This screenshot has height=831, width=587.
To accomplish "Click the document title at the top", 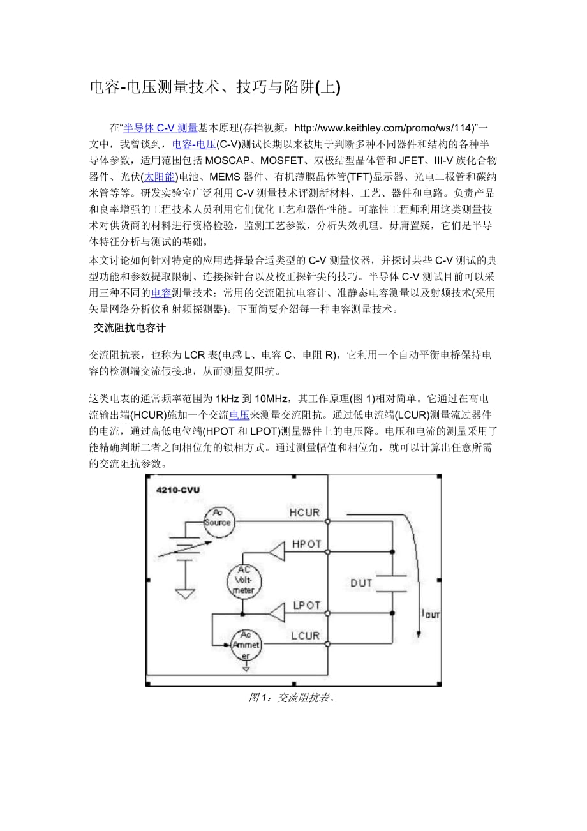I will tap(215, 88).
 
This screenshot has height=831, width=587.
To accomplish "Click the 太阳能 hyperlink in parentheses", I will tap(160, 177).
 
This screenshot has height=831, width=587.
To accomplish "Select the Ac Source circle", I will tap(218, 522).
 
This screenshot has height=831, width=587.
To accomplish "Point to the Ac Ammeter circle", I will tap(245, 645).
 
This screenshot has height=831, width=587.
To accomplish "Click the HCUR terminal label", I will tap(305, 512).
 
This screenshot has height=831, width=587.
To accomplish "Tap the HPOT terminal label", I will tap(306, 544).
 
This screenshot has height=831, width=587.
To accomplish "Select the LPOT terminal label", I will tap(306, 605).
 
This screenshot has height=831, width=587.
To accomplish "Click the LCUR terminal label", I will tap(306, 636).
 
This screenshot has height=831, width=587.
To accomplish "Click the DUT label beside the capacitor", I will tap(361, 583).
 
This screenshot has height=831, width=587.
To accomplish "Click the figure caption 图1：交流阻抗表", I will tap(292, 698).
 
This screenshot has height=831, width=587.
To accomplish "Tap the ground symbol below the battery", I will tap(185, 594).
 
